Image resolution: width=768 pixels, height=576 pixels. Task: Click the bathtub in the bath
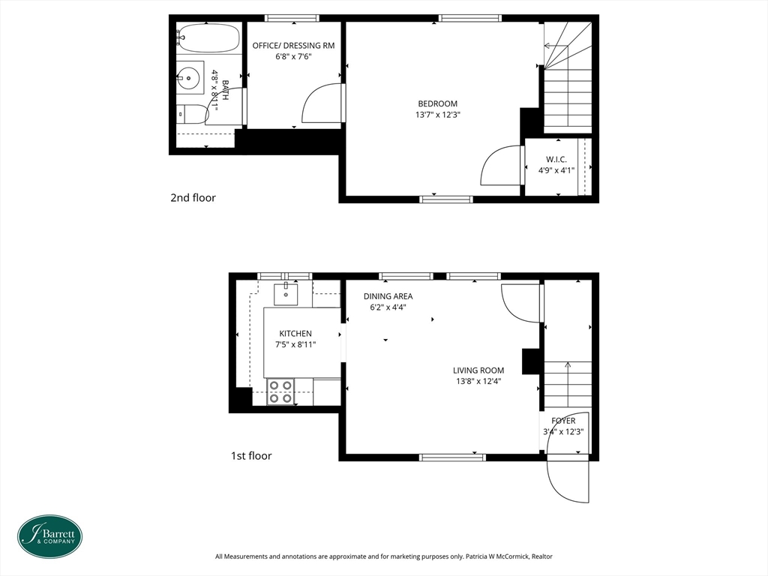pos(208,37)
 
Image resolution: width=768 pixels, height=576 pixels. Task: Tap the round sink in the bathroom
pos(188,77)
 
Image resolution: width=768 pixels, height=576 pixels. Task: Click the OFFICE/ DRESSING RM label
pos(293,46)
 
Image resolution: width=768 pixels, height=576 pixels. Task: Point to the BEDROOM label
pos(437,103)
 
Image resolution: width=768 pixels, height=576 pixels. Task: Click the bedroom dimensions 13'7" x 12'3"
pos(438,115)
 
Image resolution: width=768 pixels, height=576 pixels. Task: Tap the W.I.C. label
pos(556,160)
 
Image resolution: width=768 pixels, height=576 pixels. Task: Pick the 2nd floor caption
pos(193,198)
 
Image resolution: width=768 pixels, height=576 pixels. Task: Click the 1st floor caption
pos(251,456)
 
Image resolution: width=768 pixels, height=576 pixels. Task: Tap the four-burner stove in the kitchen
pos(280,391)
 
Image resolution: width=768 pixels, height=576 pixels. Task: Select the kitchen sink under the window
pos(286,294)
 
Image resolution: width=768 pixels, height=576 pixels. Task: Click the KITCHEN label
pos(295,334)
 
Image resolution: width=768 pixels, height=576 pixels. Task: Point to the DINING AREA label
pos(388,296)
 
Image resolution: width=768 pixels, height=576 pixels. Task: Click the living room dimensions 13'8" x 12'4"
pos(478,382)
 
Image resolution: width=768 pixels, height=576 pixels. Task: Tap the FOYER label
pos(563,421)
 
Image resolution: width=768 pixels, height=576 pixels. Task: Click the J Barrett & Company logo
pos(50,536)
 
